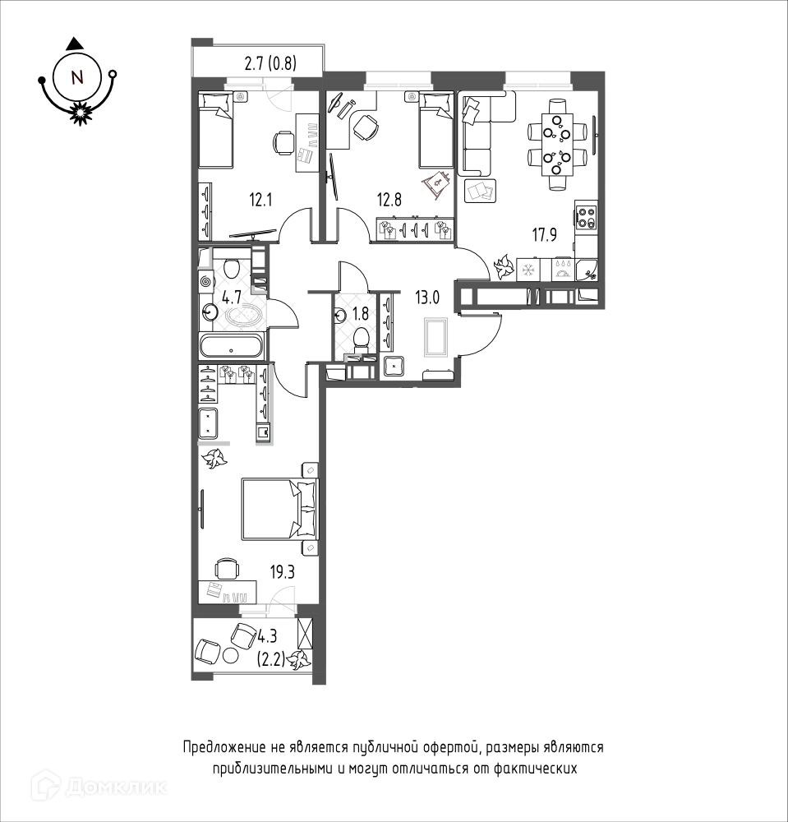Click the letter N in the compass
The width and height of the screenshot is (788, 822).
click(77, 77)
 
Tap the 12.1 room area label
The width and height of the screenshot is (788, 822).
click(260, 200)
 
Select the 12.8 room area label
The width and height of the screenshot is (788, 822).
click(389, 200)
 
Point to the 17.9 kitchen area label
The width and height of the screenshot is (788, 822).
click(545, 235)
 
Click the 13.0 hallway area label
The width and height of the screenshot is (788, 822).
click(427, 298)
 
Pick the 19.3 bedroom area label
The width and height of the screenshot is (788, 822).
click(283, 572)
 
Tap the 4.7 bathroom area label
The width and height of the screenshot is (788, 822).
click(232, 298)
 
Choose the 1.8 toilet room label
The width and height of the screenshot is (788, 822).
click(361, 313)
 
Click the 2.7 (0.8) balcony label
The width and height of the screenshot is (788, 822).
click(270, 64)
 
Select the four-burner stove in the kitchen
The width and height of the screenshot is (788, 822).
click(586, 218)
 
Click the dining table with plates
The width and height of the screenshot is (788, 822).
click(557, 144)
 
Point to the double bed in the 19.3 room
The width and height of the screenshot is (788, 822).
click(279, 509)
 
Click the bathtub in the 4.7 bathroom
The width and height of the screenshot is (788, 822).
click(231, 347)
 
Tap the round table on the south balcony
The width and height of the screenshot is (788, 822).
click(230, 655)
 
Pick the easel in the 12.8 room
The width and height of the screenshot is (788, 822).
click(436, 184)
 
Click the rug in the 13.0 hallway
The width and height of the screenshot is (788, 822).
click(436, 338)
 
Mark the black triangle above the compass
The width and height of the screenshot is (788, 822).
click(77, 44)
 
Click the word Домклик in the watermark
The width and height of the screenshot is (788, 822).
click(118, 787)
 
